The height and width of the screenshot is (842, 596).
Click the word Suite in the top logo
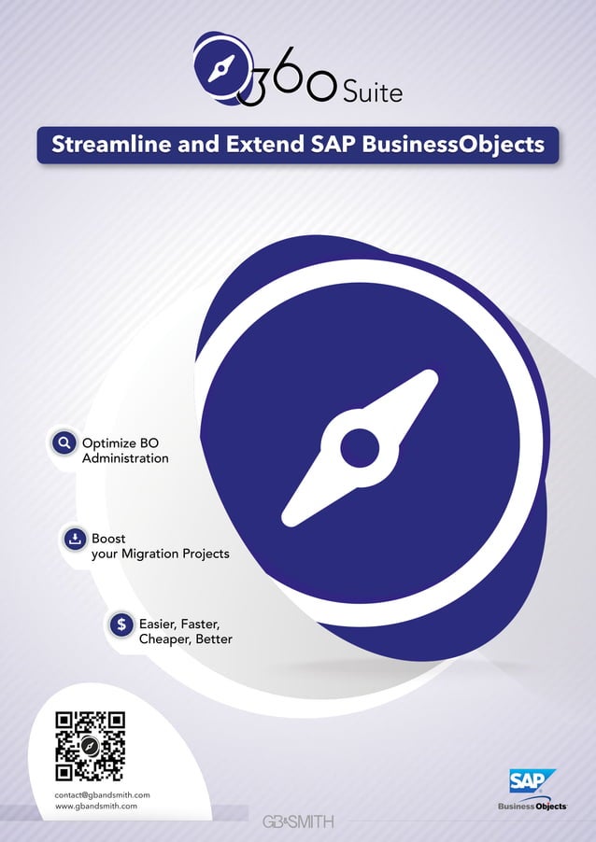372,92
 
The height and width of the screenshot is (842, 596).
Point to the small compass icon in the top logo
220,68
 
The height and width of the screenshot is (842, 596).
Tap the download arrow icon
74,539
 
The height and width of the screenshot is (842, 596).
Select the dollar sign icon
121,624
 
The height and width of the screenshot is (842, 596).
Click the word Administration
125,459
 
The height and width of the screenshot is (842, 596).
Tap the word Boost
108,539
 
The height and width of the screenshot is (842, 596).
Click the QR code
90,746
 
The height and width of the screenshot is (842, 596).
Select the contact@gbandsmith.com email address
103,794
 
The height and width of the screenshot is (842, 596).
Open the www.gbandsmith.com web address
96,805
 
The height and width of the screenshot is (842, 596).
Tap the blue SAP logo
532,781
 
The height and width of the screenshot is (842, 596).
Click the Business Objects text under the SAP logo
532,807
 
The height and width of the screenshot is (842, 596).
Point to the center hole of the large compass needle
360,448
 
